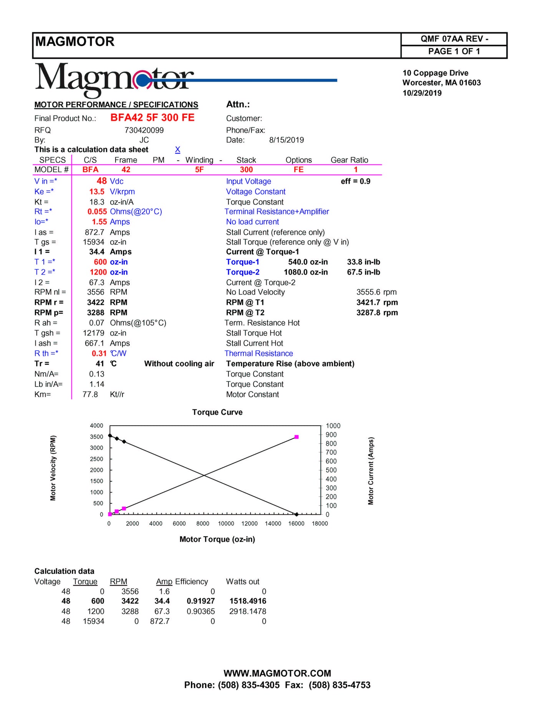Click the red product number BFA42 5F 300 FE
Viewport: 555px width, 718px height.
(152, 118)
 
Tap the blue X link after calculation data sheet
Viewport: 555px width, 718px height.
(177, 149)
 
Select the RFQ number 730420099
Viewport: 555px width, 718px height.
(144, 130)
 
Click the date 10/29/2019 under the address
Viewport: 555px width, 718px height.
(422, 93)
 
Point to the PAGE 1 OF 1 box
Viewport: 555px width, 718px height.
(454, 51)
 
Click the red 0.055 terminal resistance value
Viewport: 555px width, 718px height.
(97, 212)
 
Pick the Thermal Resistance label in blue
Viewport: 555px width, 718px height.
(258, 353)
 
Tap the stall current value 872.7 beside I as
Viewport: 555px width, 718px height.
(94, 232)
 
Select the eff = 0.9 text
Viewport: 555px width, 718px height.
(355, 181)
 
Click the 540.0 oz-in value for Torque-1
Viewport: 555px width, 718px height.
(308, 262)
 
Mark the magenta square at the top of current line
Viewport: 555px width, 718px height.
(297, 437)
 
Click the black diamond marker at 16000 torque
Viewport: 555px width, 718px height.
(297, 514)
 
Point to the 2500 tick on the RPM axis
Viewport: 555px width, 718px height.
(96, 459)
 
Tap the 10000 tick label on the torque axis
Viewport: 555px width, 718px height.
(226, 524)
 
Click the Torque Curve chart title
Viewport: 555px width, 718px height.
(217, 412)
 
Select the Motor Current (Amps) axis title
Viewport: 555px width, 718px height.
(371, 471)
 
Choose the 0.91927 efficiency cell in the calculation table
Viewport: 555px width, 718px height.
(200, 601)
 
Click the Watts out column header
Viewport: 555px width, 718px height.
(242, 582)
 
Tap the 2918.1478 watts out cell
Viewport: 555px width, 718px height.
(247, 611)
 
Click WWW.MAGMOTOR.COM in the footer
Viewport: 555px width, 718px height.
(277, 673)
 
